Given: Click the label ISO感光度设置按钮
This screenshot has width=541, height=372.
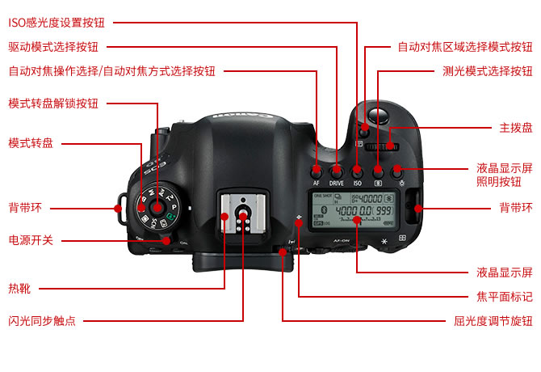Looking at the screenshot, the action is pyautogui.click(x=57, y=23).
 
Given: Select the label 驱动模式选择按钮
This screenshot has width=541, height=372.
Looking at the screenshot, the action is pyautogui.click(x=53, y=47).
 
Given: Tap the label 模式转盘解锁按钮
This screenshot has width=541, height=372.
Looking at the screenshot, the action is pyautogui.click(x=53, y=104).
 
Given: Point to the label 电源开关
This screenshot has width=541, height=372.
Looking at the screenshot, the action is pyautogui.click(x=31, y=240).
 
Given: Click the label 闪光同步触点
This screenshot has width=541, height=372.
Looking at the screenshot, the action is pyautogui.click(x=42, y=321).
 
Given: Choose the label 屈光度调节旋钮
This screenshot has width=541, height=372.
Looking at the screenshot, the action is pyautogui.click(x=493, y=321).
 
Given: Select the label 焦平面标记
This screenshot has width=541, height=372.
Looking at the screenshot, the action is pyautogui.click(x=505, y=296).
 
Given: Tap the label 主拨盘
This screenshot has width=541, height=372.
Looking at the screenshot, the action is pyautogui.click(x=516, y=128).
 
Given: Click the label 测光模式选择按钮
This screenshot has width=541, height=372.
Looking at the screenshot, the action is pyautogui.click(x=488, y=71).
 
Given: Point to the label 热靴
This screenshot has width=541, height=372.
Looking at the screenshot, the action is pyautogui.click(x=19, y=289).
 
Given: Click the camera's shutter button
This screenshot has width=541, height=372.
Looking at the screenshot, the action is pyautogui.click(x=379, y=116).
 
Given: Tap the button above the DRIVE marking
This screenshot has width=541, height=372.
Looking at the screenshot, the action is pyautogui.click(x=337, y=171).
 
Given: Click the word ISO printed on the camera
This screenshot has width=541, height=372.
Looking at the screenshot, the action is pyautogui.click(x=357, y=183).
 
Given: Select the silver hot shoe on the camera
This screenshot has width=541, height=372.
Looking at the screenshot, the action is pyautogui.click(x=243, y=213).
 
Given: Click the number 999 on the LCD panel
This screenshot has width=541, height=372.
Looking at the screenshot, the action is pyautogui.click(x=384, y=211).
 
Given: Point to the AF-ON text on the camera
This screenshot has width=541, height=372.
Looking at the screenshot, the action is pyautogui.click(x=342, y=240).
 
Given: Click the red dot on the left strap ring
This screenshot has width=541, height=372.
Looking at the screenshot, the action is pyautogui.click(x=118, y=209).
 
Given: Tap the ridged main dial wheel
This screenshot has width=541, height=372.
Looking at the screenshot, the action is pyautogui.click(x=381, y=147).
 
